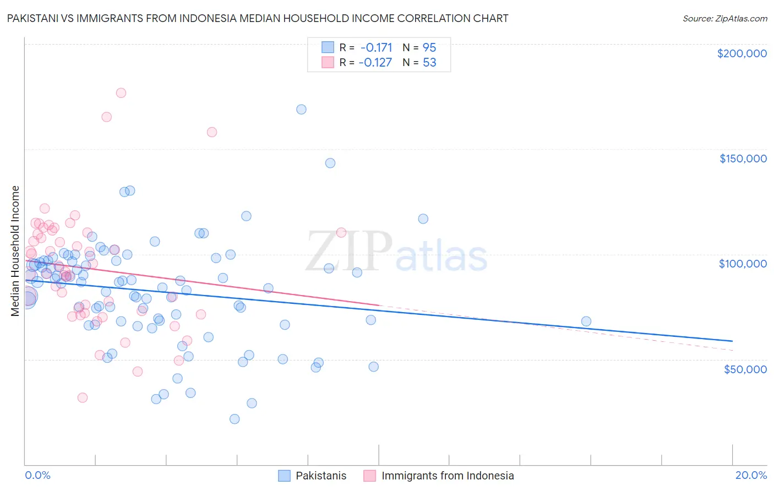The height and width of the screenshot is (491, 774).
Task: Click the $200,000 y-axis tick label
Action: tap(742, 53)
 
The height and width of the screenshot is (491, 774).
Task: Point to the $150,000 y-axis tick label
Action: tap(743, 159)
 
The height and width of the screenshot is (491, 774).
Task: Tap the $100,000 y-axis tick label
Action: tap(743, 264)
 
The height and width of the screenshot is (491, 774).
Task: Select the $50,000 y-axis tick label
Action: tap(745, 369)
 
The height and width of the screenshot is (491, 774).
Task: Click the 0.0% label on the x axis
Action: tap(37, 475)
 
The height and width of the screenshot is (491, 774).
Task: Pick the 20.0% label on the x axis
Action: tap(751, 475)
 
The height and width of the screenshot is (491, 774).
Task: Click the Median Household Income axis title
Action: tap(15, 251)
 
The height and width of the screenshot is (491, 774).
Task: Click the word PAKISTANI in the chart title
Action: tap(34, 18)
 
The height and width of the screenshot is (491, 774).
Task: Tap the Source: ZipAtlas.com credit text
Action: tap(724, 18)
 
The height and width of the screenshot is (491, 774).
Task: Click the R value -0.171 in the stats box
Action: tap(376, 47)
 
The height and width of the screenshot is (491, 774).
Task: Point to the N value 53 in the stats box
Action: tap(429, 62)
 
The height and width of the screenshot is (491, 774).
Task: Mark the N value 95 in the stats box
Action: tap(429, 47)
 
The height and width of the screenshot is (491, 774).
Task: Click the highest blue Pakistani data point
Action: tap(301, 109)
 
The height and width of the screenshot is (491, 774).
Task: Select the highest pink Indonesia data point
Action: tap(121, 92)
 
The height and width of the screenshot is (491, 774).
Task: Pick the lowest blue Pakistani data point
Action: tap(235, 419)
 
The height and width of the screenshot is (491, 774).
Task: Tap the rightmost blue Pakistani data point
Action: tap(586, 321)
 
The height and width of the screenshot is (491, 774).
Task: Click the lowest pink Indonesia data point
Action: tap(83, 397)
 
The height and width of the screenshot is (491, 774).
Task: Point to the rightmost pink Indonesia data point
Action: tap(341, 232)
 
